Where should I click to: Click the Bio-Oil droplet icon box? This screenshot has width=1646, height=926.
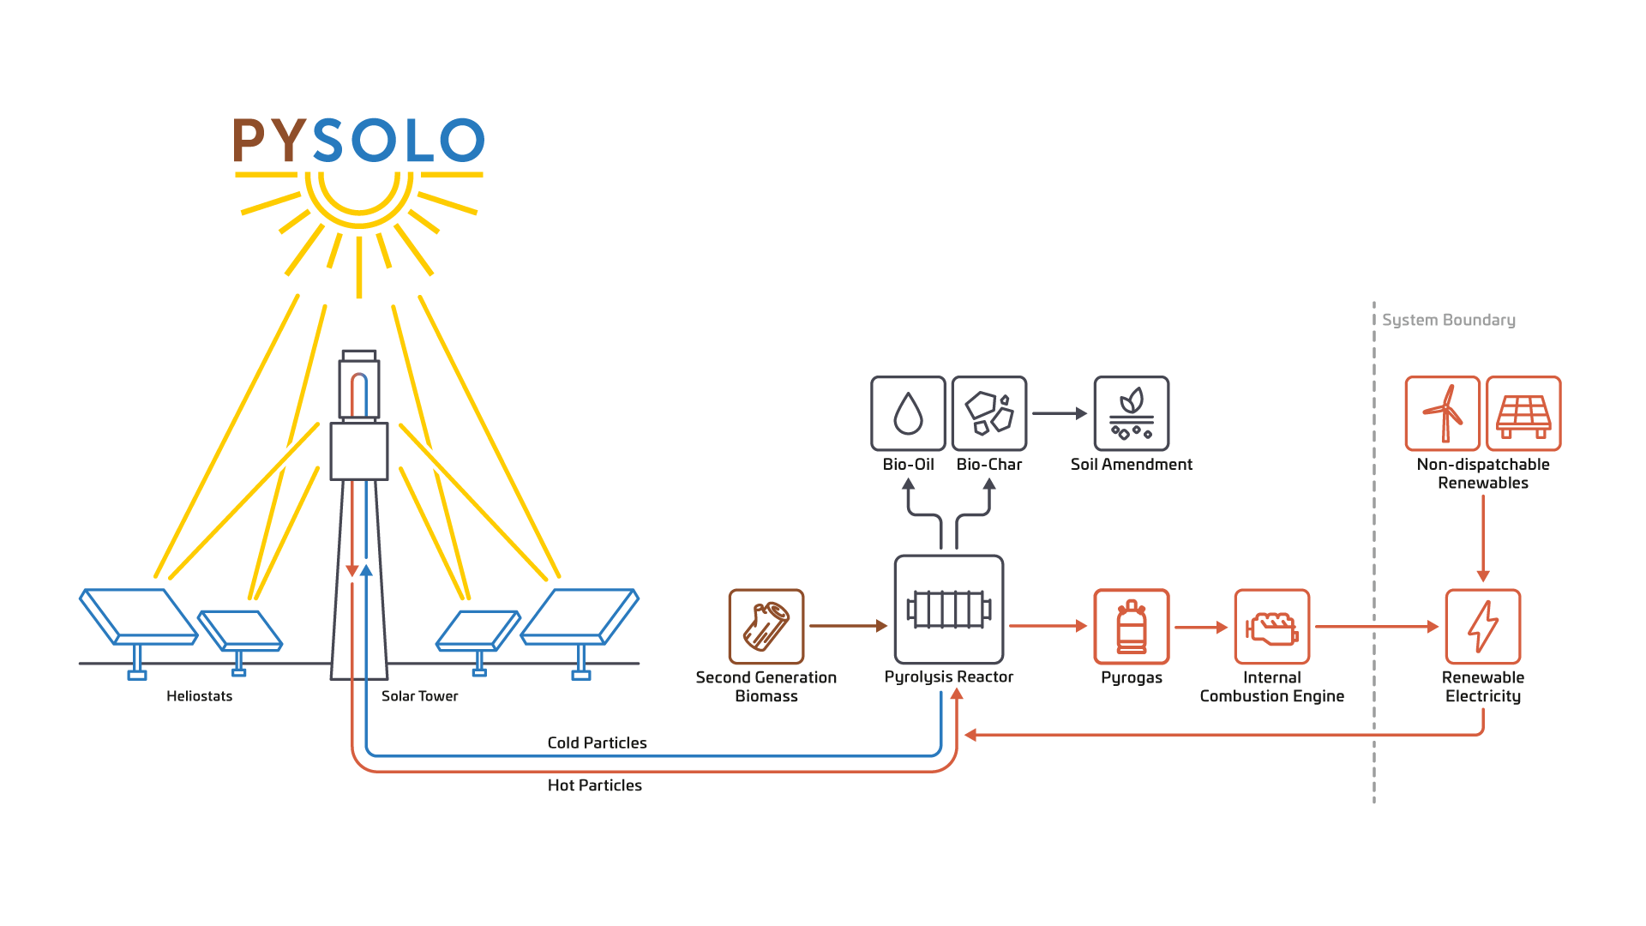point(908,413)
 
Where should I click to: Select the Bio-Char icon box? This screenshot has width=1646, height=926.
point(989,413)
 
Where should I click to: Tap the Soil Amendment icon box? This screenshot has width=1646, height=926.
point(1132,413)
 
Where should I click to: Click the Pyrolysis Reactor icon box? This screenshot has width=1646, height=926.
point(949,610)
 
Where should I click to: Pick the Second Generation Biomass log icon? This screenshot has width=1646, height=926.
point(766,626)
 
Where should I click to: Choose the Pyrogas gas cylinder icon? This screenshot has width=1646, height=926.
point(1132,626)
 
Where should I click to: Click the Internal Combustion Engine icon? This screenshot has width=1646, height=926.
point(1272,626)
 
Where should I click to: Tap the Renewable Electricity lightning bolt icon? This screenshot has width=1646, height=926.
point(1483,626)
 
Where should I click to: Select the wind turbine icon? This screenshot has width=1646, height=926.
point(1443,413)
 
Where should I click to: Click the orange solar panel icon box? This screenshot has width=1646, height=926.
point(1523,413)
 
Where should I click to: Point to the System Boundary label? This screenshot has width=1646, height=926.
point(1449,320)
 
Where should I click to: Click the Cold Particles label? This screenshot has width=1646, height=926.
point(597,743)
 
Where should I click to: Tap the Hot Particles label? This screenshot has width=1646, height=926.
point(595,785)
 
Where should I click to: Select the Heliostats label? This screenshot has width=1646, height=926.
point(199,696)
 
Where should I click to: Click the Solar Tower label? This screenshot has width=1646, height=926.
point(419,696)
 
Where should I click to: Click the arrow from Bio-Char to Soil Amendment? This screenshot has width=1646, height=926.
point(1060,413)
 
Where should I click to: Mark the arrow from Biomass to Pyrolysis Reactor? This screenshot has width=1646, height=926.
point(848,626)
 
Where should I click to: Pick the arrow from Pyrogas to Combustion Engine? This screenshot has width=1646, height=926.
point(1201,627)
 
